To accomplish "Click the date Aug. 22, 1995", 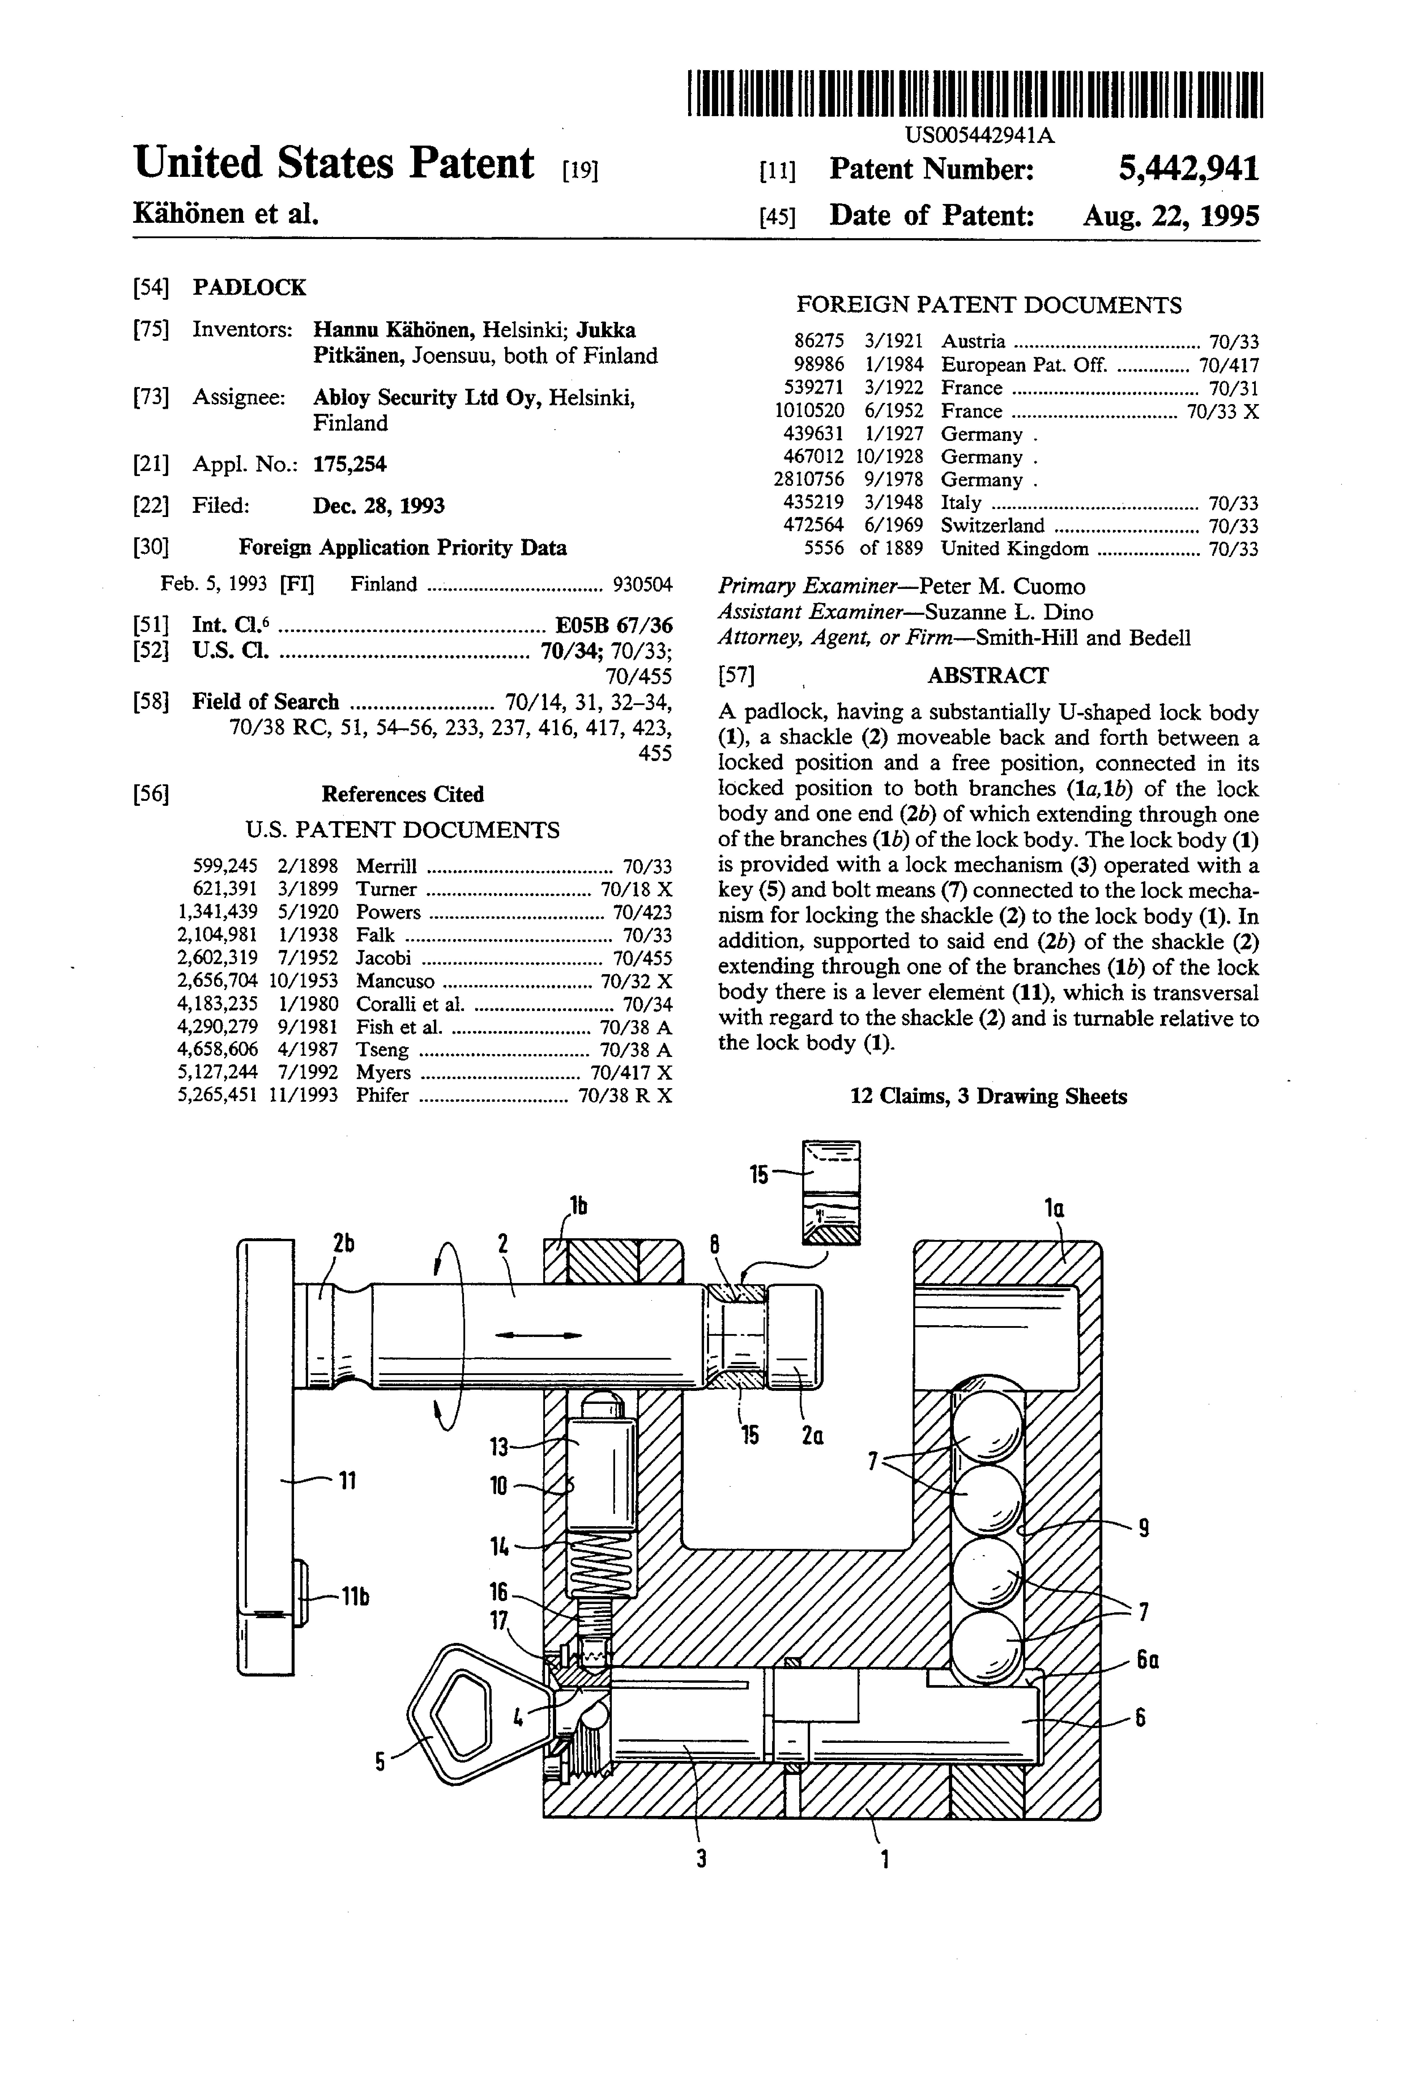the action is [x=1170, y=215].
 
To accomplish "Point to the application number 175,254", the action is [x=350, y=465].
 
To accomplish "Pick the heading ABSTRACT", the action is [x=987, y=676].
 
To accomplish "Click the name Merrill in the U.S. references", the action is [x=386, y=866].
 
